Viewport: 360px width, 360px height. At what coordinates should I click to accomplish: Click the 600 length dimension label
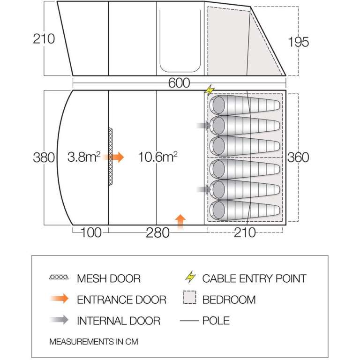(179, 83)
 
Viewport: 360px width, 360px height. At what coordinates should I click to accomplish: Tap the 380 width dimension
(44, 157)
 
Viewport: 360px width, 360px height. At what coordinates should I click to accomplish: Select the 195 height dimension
(298, 42)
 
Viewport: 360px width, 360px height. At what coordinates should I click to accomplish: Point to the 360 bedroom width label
(298, 157)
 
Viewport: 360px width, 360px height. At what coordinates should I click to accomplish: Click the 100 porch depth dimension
(91, 232)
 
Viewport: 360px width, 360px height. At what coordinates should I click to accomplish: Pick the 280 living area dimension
(157, 233)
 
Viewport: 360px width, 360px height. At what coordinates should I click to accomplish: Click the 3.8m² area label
(84, 157)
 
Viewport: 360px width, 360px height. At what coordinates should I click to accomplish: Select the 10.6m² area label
(157, 157)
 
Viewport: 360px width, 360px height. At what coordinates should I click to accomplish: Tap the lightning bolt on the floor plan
(210, 90)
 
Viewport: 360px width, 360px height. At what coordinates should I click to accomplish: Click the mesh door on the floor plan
(111, 157)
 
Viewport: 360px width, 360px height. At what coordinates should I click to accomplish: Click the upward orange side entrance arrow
(180, 222)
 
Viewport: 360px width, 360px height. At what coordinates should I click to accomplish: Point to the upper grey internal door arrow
(204, 125)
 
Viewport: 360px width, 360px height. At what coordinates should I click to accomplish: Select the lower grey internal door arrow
(204, 189)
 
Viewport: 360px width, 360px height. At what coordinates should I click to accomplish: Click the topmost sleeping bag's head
(218, 105)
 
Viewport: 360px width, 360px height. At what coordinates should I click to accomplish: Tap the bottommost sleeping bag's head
(218, 210)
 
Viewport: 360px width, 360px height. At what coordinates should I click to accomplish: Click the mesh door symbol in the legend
(59, 277)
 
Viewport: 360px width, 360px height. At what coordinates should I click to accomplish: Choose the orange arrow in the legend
(60, 299)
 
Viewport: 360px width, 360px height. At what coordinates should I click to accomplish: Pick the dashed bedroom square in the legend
(189, 297)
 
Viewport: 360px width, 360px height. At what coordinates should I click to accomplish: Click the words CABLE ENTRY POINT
(254, 278)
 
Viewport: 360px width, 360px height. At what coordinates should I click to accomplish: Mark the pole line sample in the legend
(189, 321)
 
